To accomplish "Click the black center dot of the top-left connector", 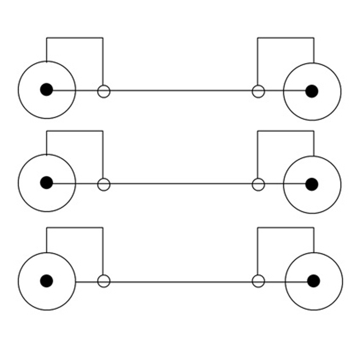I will [x=46, y=90].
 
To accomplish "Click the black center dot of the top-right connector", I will [x=312, y=91].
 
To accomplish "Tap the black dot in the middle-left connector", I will [x=46, y=183].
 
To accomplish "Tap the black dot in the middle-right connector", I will [x=312, y=184].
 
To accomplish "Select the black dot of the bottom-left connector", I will [x=46, y=281].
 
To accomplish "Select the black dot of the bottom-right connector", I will [x=314, y=281].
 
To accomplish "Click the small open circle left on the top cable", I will [x=104, y=91].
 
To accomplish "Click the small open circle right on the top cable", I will [x=258, y=91].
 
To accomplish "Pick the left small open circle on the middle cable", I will [x=104, y=184].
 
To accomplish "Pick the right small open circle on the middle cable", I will [x=258, y=184].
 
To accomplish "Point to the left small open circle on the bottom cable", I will [x=104, y=281].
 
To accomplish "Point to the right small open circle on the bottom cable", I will [x=258, y=281].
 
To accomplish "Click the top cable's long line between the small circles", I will [x=180, y=91].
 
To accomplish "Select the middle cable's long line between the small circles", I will [x=180, y=184].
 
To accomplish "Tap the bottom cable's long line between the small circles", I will [x=180, y=282].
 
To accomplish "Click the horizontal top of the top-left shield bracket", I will [x=74, y=38].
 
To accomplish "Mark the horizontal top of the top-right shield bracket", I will [x=286, y=38].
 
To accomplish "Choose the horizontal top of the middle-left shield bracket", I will [x=74, y=131].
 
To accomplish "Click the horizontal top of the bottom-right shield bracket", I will [x=286, y=228].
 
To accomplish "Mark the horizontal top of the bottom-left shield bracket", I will [x=74, y=228].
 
